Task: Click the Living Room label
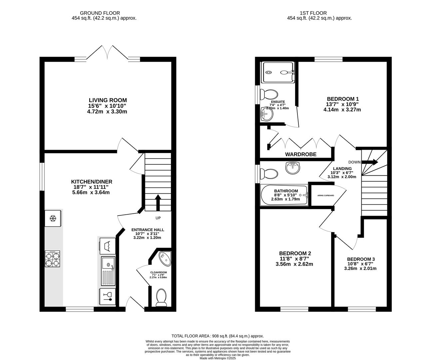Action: (x=108, y=100)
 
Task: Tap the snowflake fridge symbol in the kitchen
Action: (x=53, y=218)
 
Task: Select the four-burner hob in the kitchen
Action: (x=52, y=259)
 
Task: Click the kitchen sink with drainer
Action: (x=108, y=271)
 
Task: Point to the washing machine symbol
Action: (x=108, y=246)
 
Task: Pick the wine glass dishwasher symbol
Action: (x=107, y=297)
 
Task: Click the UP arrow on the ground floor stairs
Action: (x=158, y=202)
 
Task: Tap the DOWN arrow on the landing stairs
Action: (x=370, y=162)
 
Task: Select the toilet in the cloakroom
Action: (x=161, y=298)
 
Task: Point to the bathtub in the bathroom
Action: (x=284, y=195)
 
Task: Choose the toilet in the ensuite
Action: (x=269, y=94)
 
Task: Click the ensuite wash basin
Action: (x=267, y=114)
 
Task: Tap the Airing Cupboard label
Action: (x=325, y=195)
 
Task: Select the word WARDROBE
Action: (x=301, y=154)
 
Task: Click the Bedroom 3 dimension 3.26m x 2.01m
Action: (x=360, y=269)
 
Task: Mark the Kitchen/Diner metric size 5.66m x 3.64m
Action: (x=91, y=192)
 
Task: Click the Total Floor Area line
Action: (x=217, y=336)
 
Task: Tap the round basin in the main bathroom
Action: (x=293, y=168)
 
